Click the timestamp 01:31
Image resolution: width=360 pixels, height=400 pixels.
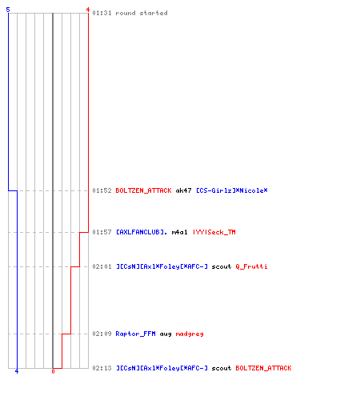[102, 13]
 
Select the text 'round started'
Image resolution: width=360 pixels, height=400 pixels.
[142, 13]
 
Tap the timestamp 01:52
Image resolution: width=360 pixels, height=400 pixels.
[102, 190]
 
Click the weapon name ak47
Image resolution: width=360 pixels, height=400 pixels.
[183, 190]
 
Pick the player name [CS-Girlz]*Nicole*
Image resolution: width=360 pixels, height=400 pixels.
[232, 190]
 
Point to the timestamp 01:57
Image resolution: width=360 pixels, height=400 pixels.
[102, 232]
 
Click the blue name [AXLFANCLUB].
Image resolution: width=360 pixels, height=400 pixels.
[142, 232]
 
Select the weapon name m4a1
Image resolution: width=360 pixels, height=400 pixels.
[179, 232]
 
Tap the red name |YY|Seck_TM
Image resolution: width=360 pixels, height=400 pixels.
[214, 232]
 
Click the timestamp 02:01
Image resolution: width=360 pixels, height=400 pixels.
[102, 266]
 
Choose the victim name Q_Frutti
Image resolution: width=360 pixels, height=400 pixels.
[251, 266]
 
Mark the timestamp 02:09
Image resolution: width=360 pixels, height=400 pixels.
[102, 334]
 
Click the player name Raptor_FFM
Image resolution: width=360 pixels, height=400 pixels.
[135, 334]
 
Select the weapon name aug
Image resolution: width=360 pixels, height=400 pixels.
[166, 334]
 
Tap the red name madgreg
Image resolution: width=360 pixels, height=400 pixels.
[190, 334]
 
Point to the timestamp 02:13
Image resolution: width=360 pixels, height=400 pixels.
[102, 368]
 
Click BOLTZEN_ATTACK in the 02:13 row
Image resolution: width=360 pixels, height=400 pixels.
[263, 368]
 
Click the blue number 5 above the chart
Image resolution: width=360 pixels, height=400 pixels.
[8, 10]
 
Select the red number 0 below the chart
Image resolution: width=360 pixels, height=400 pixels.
[53, 371]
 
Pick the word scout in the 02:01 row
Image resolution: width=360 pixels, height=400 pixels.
[222, 266]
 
